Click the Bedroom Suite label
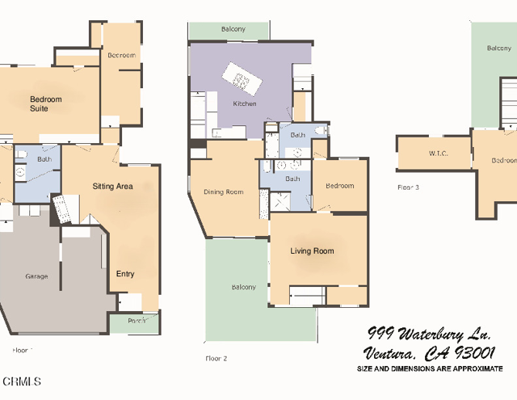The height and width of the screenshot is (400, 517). (x=45, y=103)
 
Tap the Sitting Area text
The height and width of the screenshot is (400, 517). (x=112, y=186)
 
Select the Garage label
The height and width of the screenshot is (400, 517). (x=36, y=276)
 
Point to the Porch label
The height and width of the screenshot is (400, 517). (x=137, y=321)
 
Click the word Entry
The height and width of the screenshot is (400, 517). (x=125, y=274)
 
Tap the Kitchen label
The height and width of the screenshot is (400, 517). (x=245, y=103)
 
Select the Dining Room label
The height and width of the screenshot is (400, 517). (x=223, y=192)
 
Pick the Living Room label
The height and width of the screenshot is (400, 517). (x=312, y=251)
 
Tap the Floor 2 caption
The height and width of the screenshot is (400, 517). (x=216, y=357)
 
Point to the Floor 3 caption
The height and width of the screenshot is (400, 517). (x=408, y=187)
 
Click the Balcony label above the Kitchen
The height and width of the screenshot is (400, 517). (x=233, y=30)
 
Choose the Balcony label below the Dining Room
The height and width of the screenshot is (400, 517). (x=243, y=287)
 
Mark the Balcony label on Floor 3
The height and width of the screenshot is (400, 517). (x=498, y=48)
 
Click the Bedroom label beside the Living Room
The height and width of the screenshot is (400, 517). (x=339, y=186)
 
